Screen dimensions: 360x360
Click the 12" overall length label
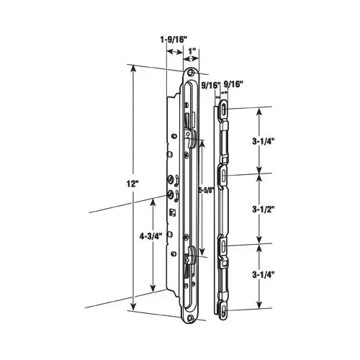(132, 184)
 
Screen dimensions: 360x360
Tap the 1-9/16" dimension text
(174, 40)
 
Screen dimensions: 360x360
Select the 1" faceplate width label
(192, 51)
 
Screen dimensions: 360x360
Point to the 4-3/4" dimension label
(151, 236)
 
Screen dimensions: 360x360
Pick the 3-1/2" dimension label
(263, 210)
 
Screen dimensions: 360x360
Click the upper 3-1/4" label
(263, 141)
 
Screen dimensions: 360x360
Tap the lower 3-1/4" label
(263, 274)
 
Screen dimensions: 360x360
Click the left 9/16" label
(211, 85)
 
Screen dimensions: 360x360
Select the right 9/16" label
(233, 84)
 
